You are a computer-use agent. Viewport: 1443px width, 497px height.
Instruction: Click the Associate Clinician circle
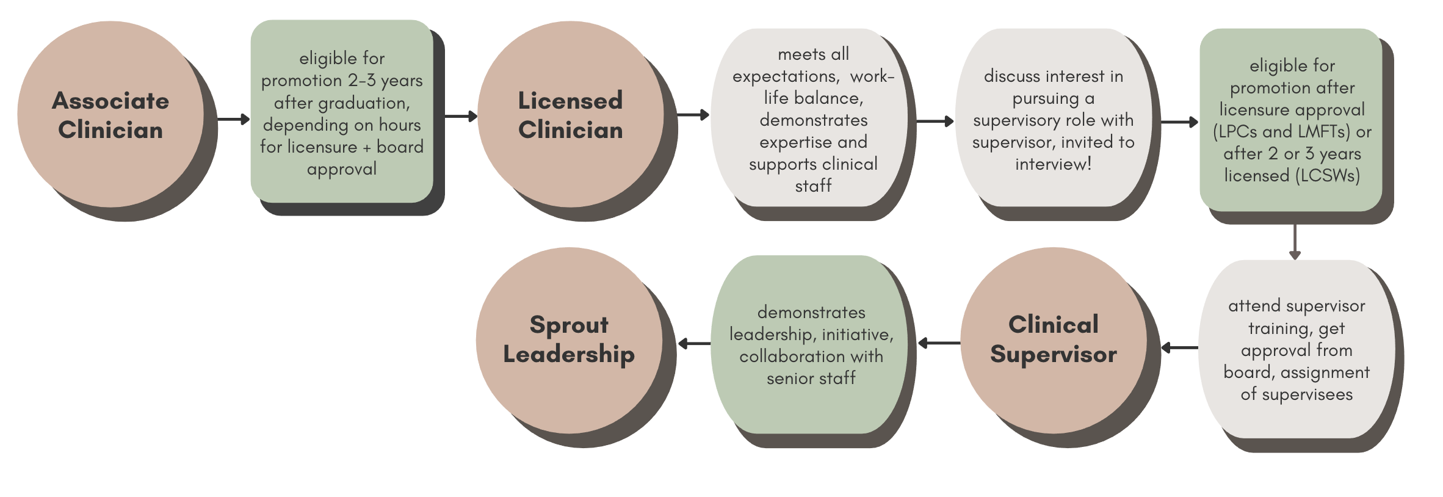[110, 115]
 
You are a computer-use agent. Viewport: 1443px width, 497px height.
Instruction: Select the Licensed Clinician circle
[570, 115]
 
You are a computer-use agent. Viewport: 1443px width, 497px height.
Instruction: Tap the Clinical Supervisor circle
[1053, 339]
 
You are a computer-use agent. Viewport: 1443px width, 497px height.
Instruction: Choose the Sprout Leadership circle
[569, 339]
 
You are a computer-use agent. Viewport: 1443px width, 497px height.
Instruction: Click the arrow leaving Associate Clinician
[233, 119]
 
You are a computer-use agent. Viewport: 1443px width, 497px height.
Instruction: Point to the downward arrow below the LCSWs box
[1295, 242]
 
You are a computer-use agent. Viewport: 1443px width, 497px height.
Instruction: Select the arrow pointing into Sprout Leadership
[694, 344]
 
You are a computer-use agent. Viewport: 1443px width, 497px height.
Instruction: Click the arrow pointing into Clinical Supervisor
[1179, 348]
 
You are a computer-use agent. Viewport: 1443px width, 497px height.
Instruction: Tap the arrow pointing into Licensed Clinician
[461, 116]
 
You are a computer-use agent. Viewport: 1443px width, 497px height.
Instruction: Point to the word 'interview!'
[1053, 164]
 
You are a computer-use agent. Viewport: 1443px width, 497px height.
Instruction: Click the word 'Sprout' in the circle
[569, 325]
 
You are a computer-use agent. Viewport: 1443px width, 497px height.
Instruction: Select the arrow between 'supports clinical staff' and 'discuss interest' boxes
[935, 122]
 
